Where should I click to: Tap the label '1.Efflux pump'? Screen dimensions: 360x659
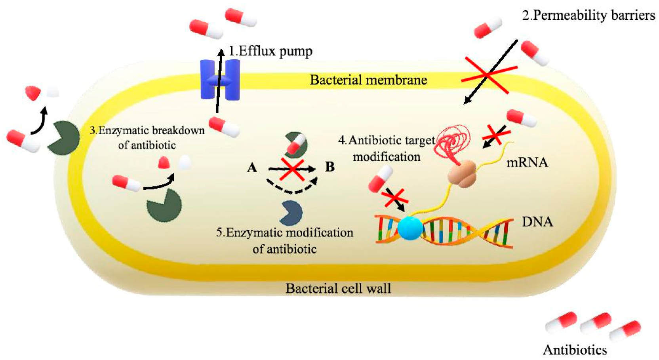coord(270,51)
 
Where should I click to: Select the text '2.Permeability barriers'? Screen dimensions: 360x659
coord(588,15)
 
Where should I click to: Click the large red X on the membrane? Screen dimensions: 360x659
coord(489,75)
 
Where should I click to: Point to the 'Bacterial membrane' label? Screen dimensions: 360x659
coord(368,80)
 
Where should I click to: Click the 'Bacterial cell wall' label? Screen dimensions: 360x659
coord(338,288)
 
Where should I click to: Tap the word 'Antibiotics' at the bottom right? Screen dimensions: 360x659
coord(575,350)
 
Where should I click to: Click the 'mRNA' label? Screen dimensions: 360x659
coord(527,163)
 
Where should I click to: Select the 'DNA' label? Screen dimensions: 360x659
coord(537,222)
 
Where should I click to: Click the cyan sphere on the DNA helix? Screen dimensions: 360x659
coord(410,228)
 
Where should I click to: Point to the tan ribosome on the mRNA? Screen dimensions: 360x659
coord(462,173)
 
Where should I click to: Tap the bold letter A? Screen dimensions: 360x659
coord(252,168)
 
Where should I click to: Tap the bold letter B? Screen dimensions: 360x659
coord(329,167)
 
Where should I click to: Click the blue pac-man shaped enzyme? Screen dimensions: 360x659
coord(291,213)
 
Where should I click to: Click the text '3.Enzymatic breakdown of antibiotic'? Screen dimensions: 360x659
coord(147,137)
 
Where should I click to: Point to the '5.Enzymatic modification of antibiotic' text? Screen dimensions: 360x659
coord(284,240)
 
